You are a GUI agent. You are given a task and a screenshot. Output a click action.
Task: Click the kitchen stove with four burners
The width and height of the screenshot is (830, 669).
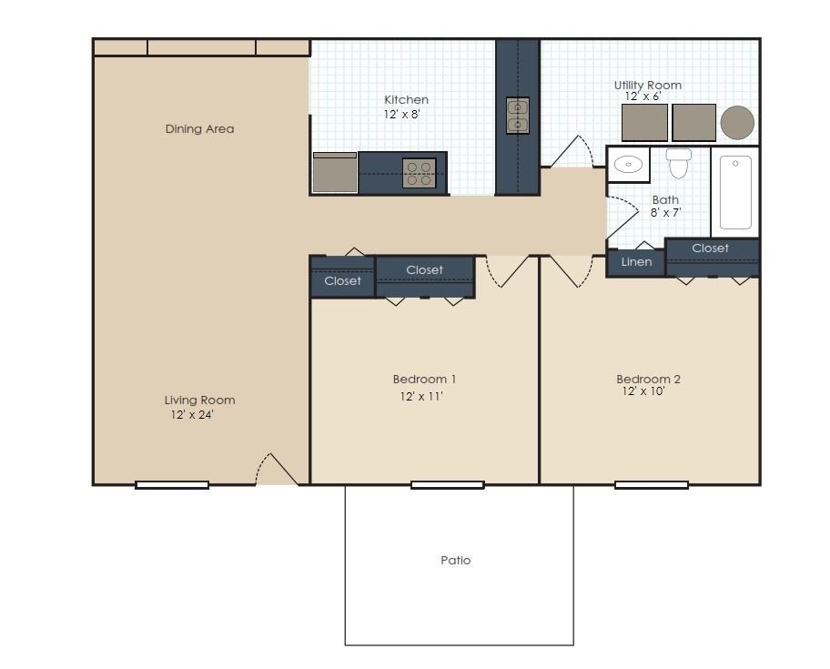point(419,173)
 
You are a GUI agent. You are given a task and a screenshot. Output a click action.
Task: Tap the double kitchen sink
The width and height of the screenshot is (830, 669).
point(517,116)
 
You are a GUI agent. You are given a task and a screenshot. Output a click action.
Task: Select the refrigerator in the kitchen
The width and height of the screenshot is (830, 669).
point(335,173)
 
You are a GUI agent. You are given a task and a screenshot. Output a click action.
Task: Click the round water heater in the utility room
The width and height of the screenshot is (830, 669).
point(737,122)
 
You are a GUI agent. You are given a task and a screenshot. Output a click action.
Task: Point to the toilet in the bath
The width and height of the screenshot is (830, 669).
point(679,164)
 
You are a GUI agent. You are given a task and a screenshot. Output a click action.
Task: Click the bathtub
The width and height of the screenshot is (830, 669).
point(735,192)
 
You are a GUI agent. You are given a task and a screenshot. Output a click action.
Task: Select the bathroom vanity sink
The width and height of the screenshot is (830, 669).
point(628,165)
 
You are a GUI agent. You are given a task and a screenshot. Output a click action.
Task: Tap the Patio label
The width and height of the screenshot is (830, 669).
point(456,561)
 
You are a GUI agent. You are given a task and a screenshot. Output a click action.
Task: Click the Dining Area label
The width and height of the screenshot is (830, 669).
point(199,129)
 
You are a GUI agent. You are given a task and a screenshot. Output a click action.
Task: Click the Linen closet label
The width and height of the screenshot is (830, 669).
point(636,262)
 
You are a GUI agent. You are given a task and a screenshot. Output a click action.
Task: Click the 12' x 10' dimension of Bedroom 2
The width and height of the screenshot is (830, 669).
point(643,392)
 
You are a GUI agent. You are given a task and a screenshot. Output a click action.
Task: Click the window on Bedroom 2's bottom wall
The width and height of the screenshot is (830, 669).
point(651,485)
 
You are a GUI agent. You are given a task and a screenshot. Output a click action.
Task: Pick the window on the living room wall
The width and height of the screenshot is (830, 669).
point(172,485)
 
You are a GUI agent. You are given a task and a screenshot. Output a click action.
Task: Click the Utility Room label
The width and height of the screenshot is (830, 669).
point(647,86)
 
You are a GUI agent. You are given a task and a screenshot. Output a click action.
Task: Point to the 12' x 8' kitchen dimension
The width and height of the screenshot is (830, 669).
point(401,115)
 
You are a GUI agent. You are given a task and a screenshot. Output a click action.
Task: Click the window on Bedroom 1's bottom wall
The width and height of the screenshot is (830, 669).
point(447,485)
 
